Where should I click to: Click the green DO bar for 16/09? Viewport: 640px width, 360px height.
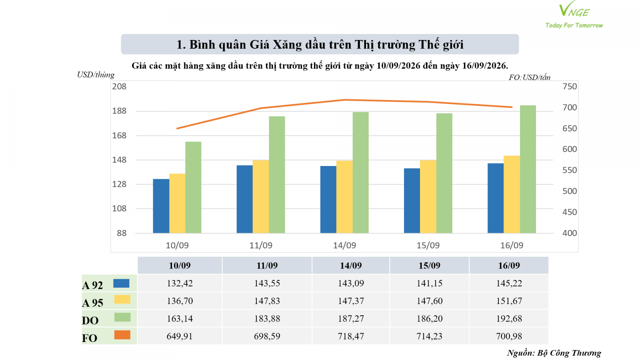(528, 169)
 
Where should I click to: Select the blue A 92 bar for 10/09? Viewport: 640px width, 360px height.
(161, 206)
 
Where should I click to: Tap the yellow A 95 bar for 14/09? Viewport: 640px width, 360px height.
(344, 197)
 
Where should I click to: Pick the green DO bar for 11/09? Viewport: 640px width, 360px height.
(277, 174)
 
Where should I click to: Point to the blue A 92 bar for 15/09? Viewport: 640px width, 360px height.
(412, 200)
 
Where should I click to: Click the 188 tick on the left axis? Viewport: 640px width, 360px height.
(119, 111)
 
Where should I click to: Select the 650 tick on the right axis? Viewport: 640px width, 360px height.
(570, 128)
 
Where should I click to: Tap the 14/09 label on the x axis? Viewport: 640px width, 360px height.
(344, 246)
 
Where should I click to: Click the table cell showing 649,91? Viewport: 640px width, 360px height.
(180, 336)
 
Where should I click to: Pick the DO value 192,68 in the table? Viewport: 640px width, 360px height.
(509, 318)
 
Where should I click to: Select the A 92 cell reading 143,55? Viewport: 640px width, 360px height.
(267, 283)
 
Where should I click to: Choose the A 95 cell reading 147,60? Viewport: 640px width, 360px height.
(430, 301)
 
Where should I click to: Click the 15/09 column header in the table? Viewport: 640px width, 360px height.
(430, 266)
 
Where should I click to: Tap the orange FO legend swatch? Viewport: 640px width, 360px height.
(122, 335)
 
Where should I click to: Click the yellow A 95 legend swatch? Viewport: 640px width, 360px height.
(122, 300)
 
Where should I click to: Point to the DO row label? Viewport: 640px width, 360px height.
(90, 320)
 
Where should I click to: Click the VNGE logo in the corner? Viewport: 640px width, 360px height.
(574, 14)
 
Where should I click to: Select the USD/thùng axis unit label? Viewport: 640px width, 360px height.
(96, 75)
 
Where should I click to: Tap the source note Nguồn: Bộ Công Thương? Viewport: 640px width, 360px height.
(554, 353)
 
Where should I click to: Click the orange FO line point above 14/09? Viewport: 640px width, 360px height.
(344, 100)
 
